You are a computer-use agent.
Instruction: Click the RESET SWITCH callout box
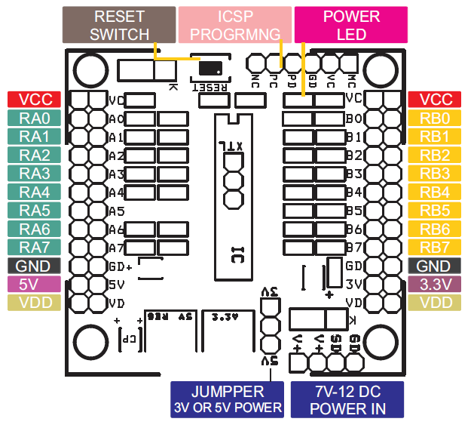point(119,25)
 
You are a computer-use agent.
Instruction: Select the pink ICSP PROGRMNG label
point(234,25)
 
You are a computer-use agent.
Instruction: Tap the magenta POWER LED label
point(350,25)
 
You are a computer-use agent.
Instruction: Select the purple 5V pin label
point(29,284)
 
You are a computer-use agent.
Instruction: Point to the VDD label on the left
point(29,302)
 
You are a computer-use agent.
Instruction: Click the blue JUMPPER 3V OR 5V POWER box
point(227,399)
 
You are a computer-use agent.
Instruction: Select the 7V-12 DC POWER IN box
point(347,399)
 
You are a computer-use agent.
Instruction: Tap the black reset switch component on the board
point(213,68)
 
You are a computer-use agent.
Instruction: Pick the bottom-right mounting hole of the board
point(380,343)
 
